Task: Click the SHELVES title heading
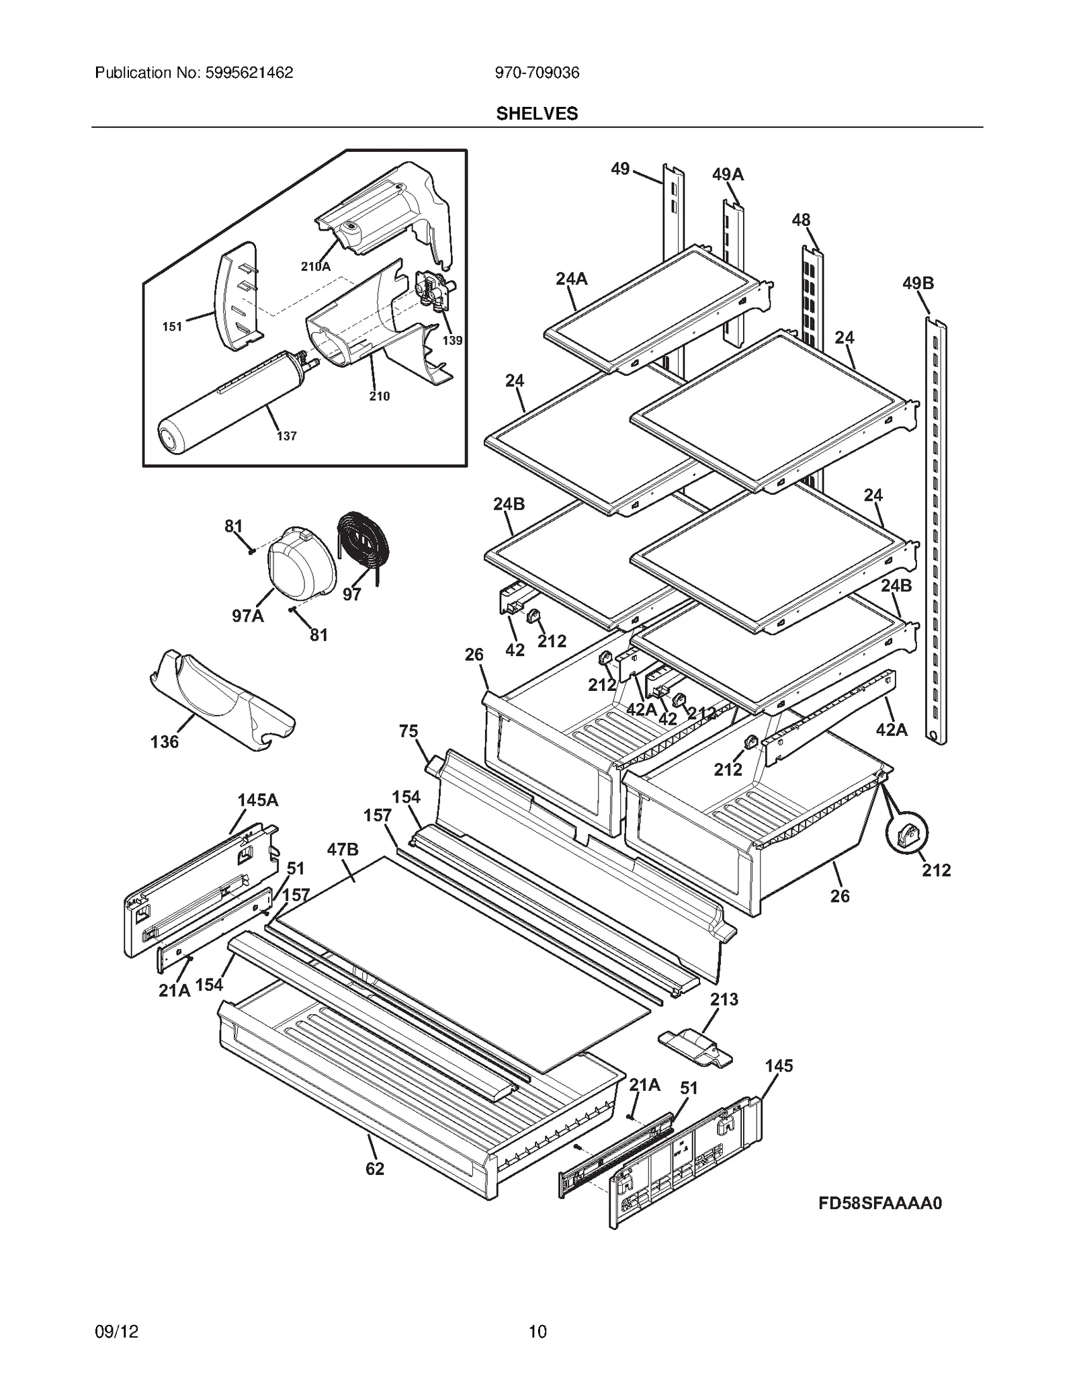(x=537, y=114)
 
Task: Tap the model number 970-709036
(x=537, y=73)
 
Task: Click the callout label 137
(x=286, y=436)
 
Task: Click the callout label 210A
(x=315, y=266)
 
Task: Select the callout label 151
(x=172, y=327)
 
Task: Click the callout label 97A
(x=248, y=615)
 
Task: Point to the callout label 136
(x=165, y=741)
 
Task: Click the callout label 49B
(x=918, y=283)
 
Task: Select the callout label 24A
(x=571, y=278)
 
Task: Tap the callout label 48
(x=801, y=220)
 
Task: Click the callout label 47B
(x=343, y=849)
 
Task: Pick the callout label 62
(x=375, y=1169)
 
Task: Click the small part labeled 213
(x=695, y=1047)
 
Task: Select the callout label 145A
(x=257, y=800)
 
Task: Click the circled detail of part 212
(x=906, y=835)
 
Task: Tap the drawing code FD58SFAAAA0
(x=880, y=1203)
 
